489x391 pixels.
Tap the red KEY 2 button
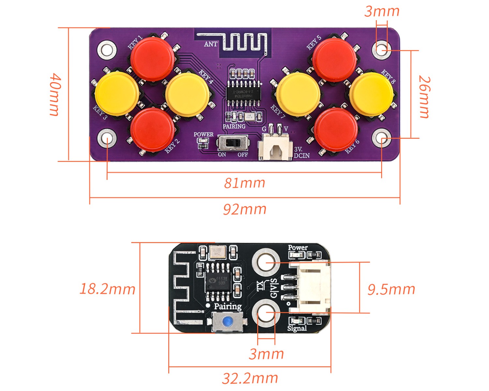tap(152, 130)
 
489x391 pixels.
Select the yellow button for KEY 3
tap(117, 94)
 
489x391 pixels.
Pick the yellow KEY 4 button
tap(187, 94)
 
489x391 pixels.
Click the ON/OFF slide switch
tap(233, 143)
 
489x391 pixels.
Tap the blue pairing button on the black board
tap(227, 322)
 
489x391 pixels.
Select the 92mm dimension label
tap(244, 209)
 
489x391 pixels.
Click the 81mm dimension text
tap(244, 183)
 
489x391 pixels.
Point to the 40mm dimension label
tap(55, 94)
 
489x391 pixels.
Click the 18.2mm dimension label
tap(107, 289)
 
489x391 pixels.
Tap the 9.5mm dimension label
tap(391, 289)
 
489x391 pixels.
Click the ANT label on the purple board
tap(211, 44)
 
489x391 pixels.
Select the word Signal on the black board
tap(297, 328)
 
